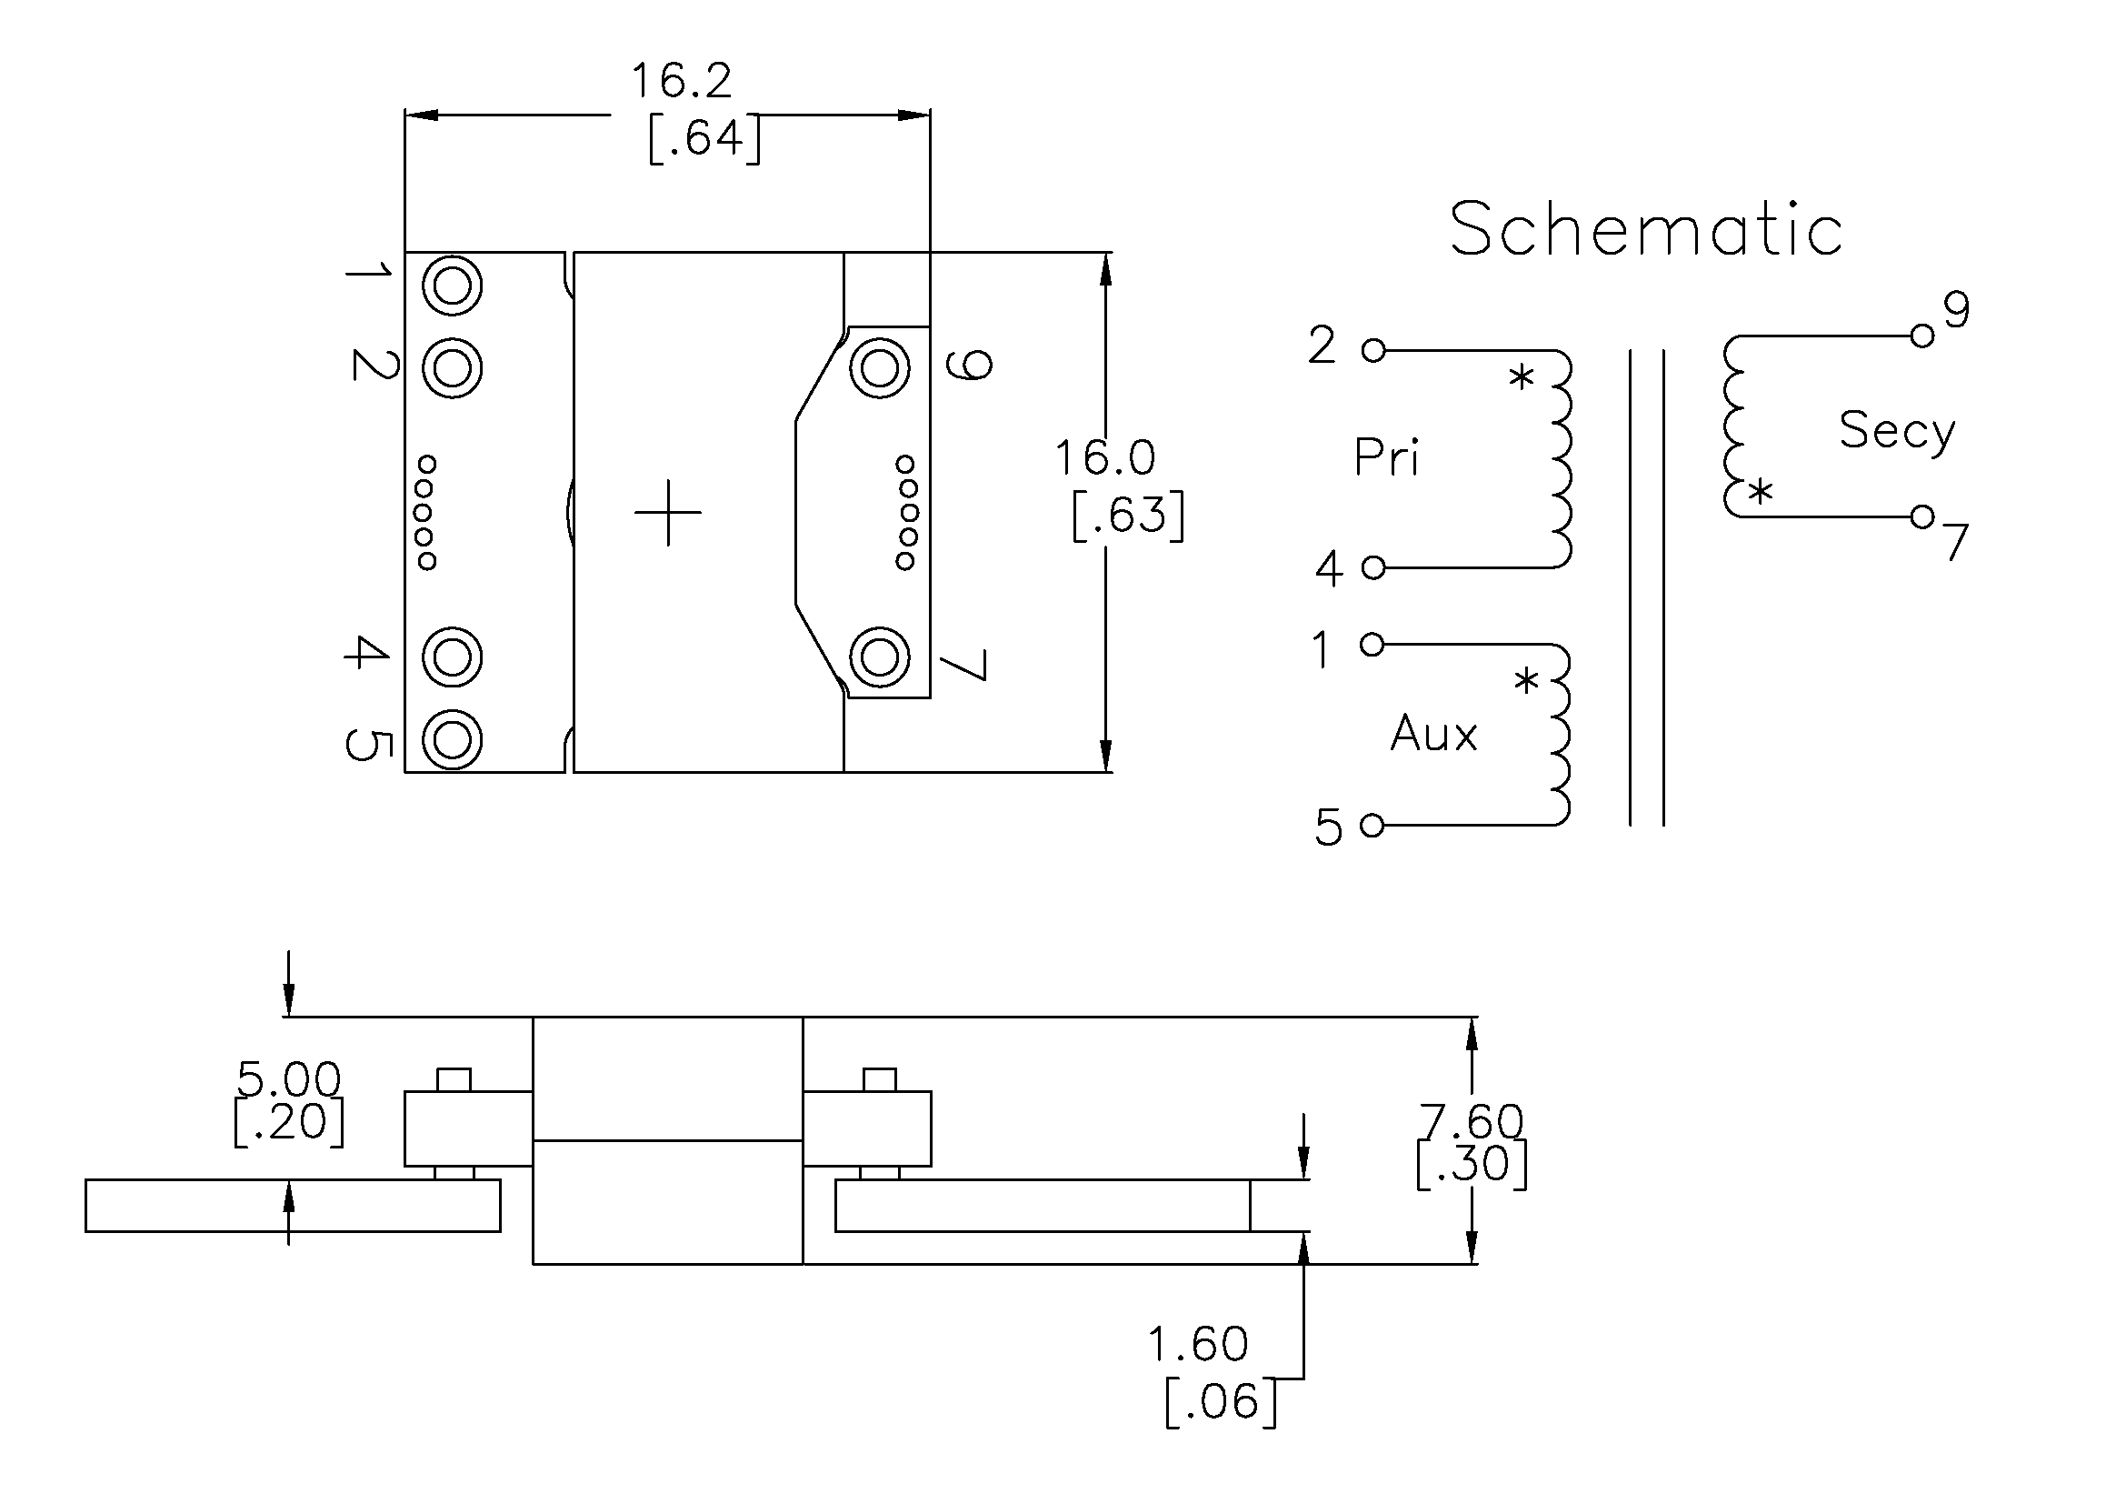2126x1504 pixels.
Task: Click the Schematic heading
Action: pyautogui.click(x=1645, y=229)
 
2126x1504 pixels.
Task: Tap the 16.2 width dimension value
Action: pyautogui.click(x=682, y=81)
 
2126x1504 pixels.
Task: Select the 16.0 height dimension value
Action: pyautogui.click(x=1105, y=457)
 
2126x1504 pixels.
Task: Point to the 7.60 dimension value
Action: pyautogui.click(x=1472, y=1121)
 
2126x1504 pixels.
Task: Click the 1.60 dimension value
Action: pyautogui.click(x=1198, y=1344)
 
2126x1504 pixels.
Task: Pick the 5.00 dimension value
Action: pyautogui.click(x=289, y=1079)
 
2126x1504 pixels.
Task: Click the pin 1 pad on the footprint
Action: pyautogui.click(x=452, y=286)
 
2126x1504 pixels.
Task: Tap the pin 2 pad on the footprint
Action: pyautogui.click(x=452, y=368)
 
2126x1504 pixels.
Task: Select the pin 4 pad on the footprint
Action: pyautogui.click(x=452, y=657)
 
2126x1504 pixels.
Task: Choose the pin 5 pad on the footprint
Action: pyautogui.click(x=452, y=739)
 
